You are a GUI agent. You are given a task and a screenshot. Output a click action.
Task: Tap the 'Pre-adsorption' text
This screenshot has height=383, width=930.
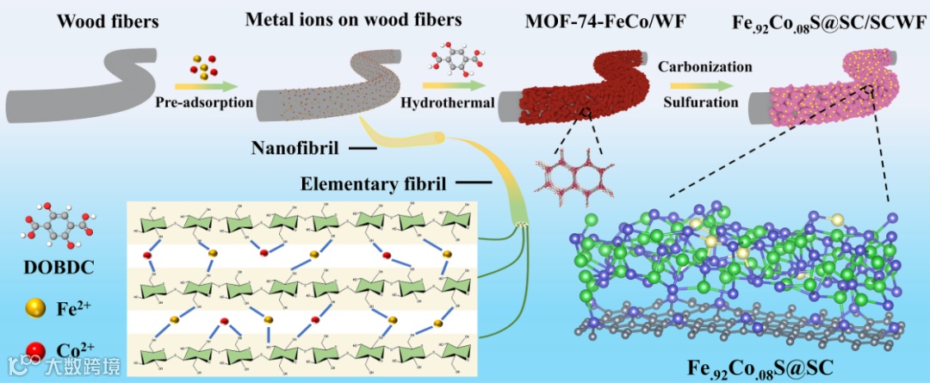(x=205, y=102)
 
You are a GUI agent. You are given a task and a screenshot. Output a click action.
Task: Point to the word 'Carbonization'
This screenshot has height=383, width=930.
(x=704, y=66)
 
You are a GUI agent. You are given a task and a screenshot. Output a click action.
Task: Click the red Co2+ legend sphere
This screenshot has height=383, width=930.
(x=36, y=350)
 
